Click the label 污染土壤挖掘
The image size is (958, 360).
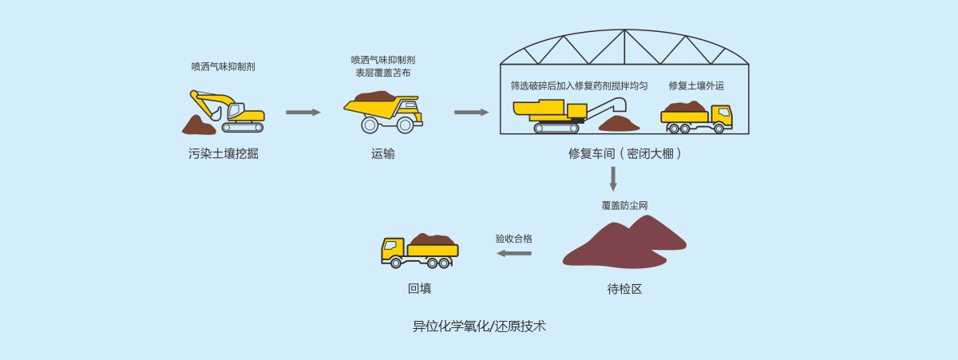(x=224, y=154)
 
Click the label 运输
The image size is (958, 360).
(x=383, y=154)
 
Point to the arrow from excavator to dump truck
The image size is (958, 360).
(x=303, y=113)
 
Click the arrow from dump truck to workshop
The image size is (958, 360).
(x=471, y=113)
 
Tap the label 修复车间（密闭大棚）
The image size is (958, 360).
(x=625, y=154)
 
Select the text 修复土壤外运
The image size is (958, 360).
(x=696, y=85)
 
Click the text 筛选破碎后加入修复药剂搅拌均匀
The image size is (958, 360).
(x=579, y=85)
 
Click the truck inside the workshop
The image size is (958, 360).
(x=696, y=117)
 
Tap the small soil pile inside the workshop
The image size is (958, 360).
(x=620, y=123)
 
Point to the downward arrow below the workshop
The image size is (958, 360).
(x=613, y=179)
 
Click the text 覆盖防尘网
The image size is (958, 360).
(x=624, y=206)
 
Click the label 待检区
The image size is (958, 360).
(x=624, y=289)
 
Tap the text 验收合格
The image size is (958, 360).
(x=513, y=239)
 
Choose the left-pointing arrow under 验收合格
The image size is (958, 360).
(x=514, y=253)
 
